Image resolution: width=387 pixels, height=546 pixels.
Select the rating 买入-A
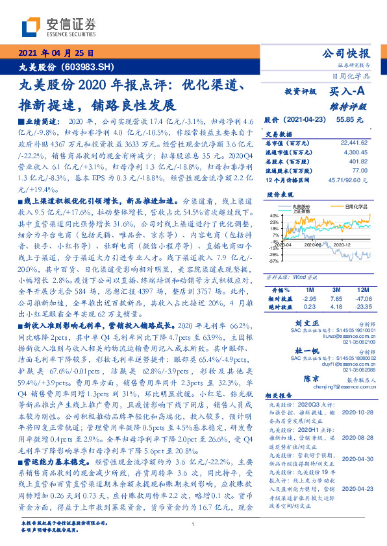tap(339, 93)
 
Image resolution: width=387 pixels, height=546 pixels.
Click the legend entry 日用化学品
tap(355, 205)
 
